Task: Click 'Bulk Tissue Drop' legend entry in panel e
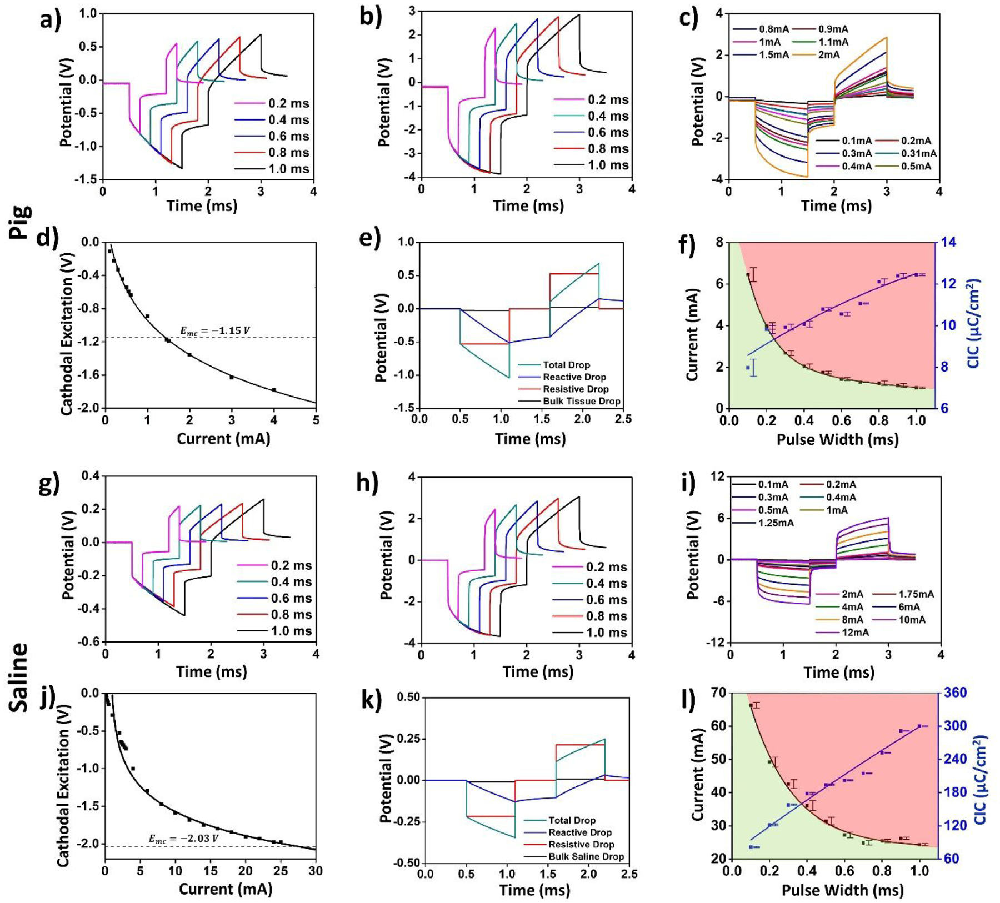pyautogui.click(x=581, y=401)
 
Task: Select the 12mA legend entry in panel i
pyautogui.click(x=855, y=633)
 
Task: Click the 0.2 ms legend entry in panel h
pyautogui.click(x=606, y=567)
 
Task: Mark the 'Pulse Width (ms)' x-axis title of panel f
pyautogui.click(x=837, y=440)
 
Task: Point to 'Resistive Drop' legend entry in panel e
pyautogui.click(x=576, y=389)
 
